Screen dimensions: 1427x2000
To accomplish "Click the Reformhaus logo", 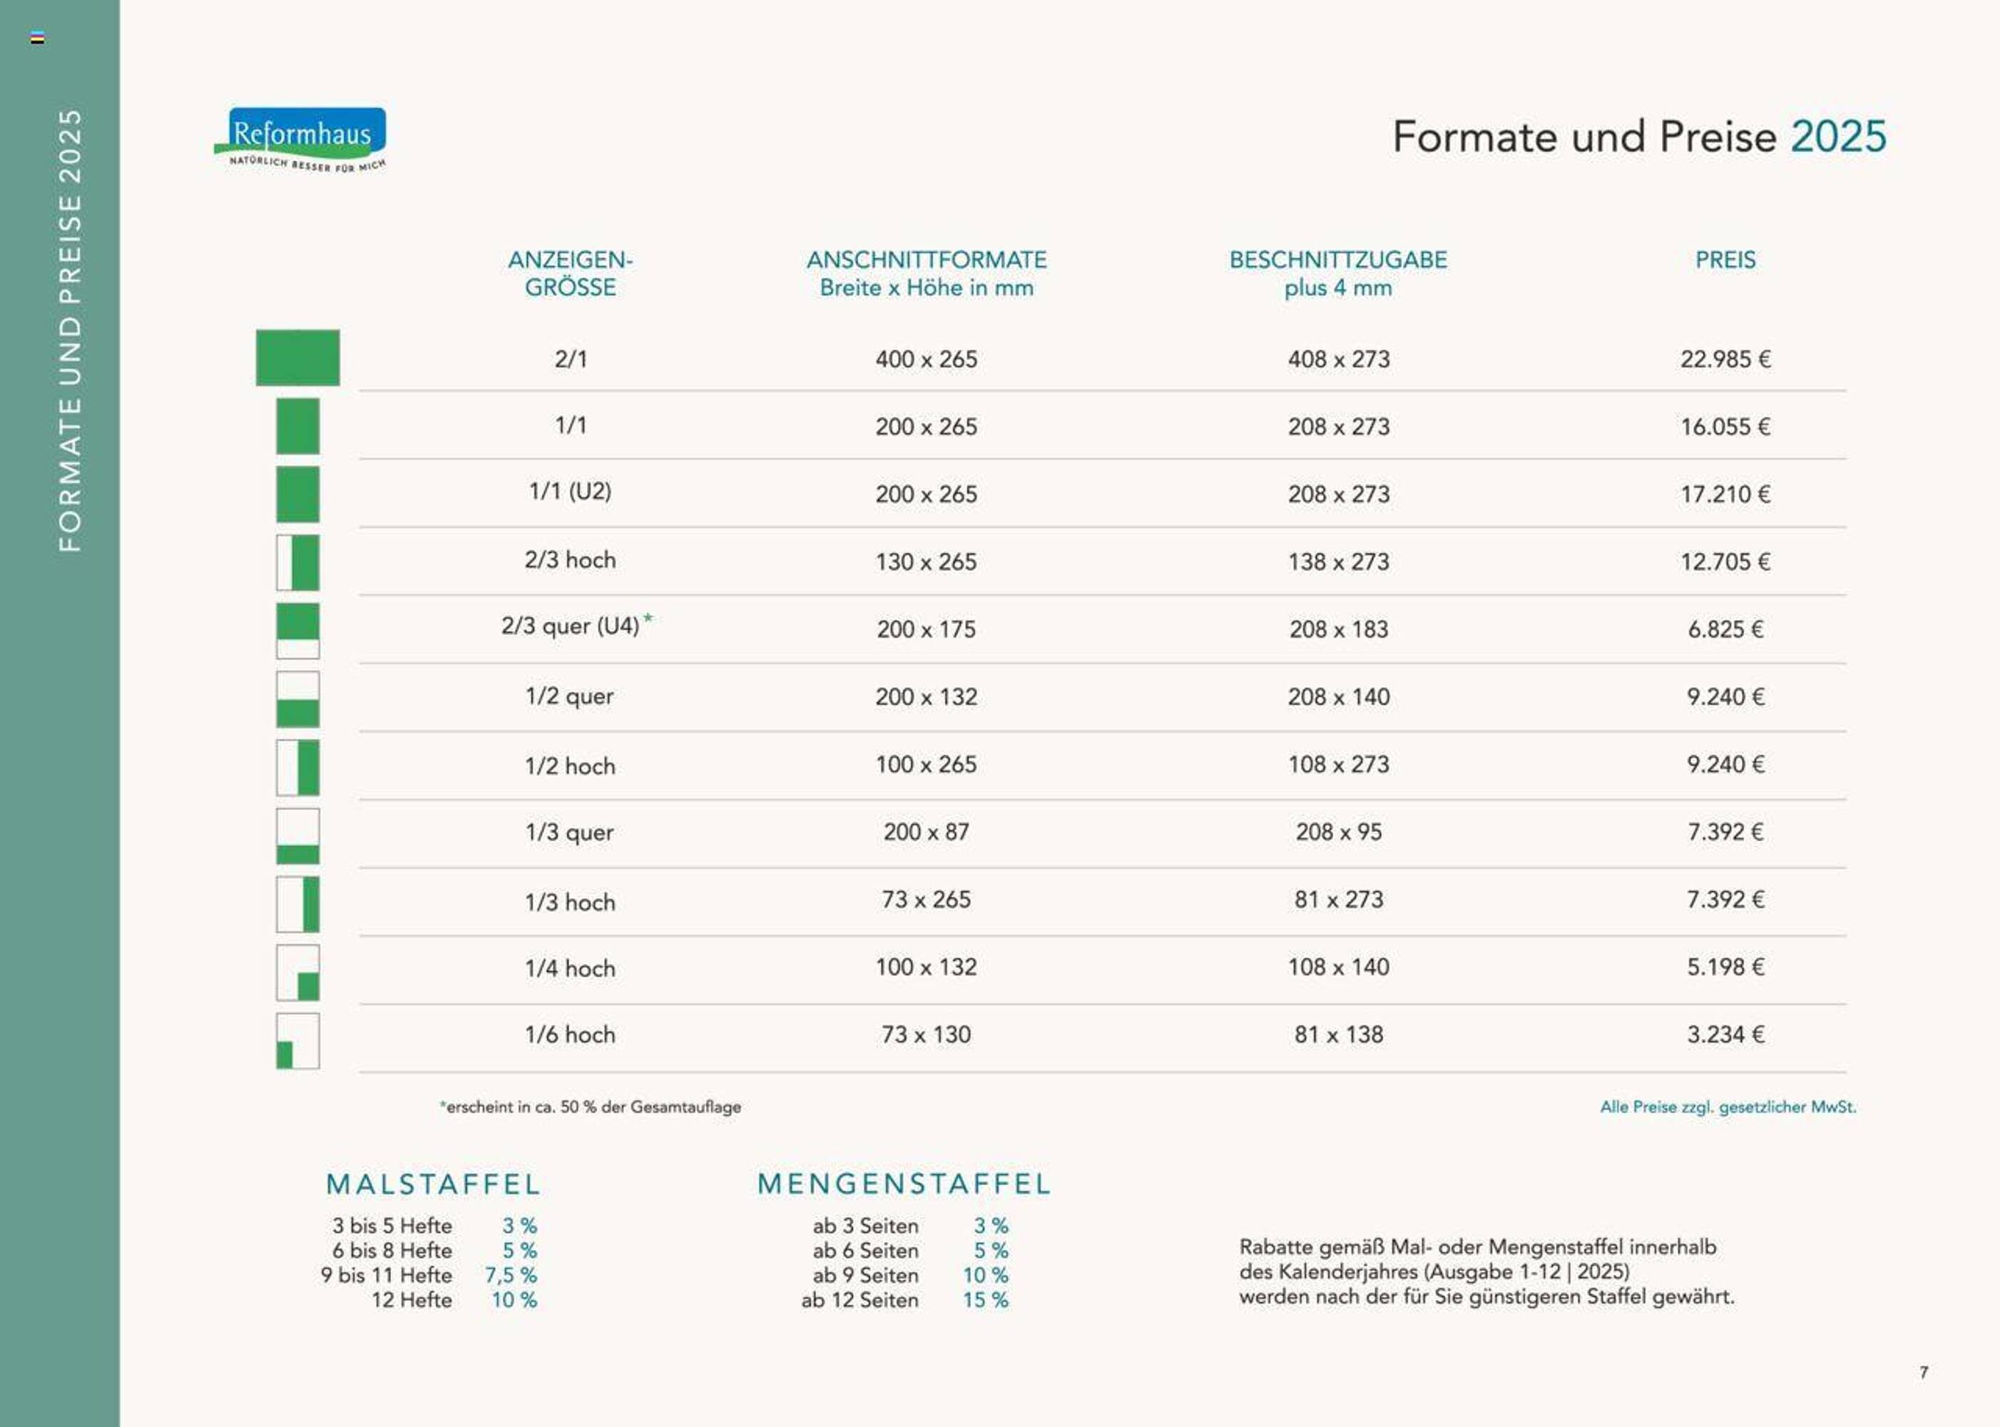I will tap(300, 138).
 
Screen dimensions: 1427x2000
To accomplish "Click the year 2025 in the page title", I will tap(1837, 137).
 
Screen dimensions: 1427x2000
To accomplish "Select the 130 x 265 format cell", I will tap(925, 562).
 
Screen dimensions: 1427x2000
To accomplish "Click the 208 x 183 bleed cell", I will tap(1337, 630).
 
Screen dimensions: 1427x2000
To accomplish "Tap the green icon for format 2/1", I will tap(297, 357).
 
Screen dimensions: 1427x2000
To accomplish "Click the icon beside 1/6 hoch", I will tap(297, 1041).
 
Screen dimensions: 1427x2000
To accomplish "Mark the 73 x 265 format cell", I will tap(925, 900).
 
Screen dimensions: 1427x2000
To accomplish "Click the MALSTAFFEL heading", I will tap(433, 1184).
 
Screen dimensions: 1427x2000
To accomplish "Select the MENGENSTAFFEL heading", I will tap(904, 1184).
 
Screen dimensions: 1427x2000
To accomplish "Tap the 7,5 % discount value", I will tap(510, 1275).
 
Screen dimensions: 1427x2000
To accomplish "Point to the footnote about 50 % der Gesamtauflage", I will tap(591, 1107).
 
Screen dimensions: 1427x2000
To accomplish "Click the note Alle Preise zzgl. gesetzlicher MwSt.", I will tap(1727, 1107).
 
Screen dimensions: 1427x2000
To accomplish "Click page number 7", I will tap(1924, 1371).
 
